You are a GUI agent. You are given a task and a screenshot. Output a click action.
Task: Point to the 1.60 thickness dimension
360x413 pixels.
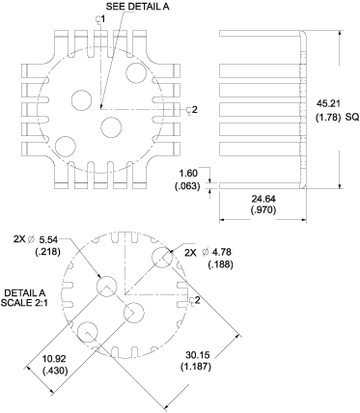coord(189,174)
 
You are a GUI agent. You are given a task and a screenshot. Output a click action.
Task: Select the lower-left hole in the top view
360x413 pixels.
coord(66,146)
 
